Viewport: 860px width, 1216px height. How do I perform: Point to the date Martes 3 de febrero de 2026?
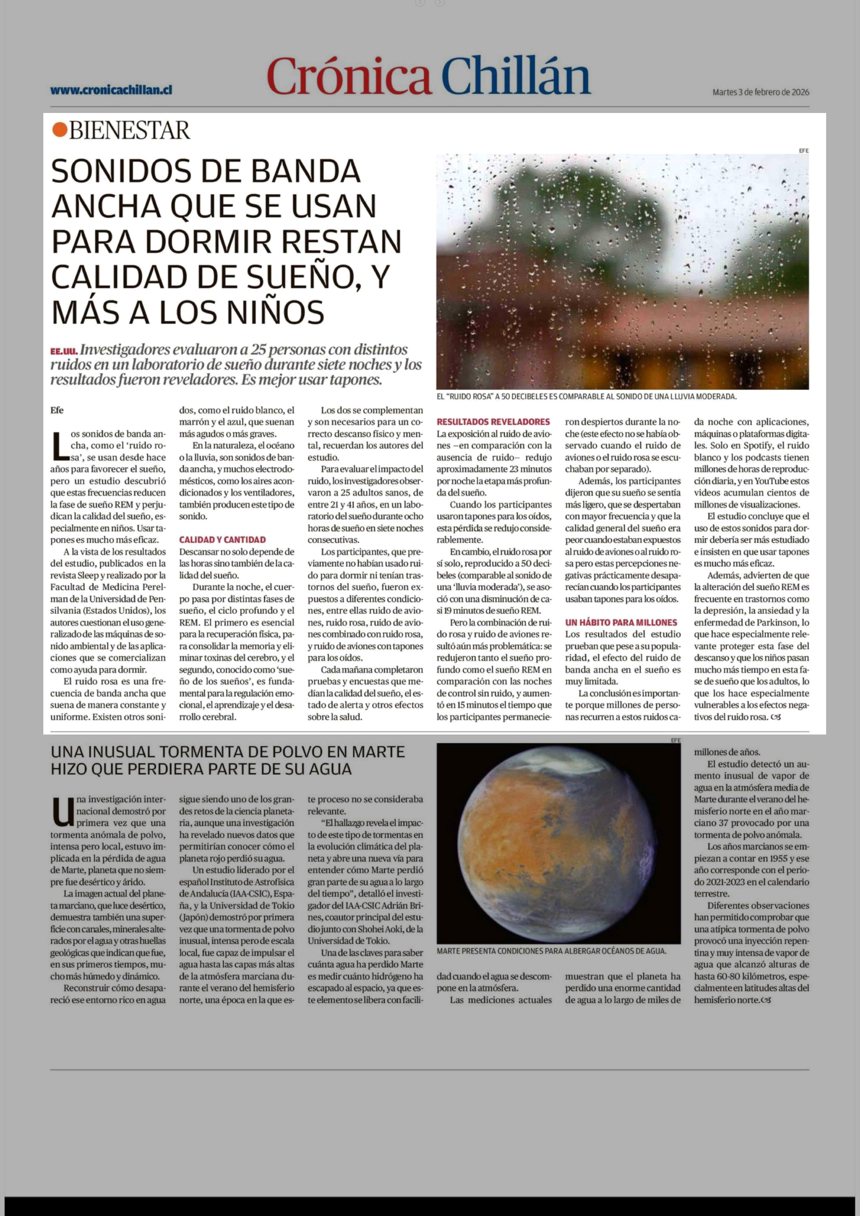[760, 92]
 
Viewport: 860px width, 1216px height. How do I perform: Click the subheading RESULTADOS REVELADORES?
[493, 422]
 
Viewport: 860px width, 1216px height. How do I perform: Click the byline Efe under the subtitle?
[57, 410]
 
